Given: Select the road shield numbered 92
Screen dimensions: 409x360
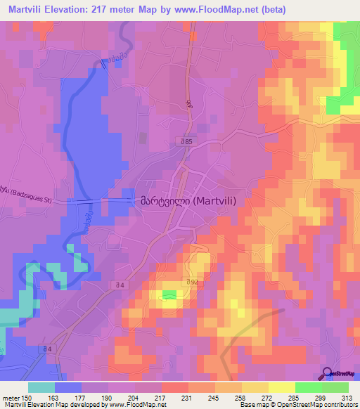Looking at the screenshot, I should pyautogui.click(x=191, y=283).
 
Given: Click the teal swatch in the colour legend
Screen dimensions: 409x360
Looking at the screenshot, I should pyautogui.click(x=41, y=387).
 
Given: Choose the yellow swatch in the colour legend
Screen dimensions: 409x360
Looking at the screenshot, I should pyautogui.click(x=282, y=387).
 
